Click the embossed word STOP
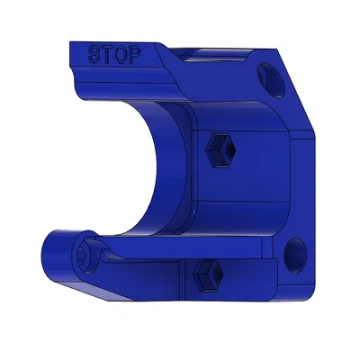(114, 55)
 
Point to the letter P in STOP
(134, 56)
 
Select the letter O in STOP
(121, 55)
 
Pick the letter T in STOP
(107, 54)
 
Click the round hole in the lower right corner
(292, 255)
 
